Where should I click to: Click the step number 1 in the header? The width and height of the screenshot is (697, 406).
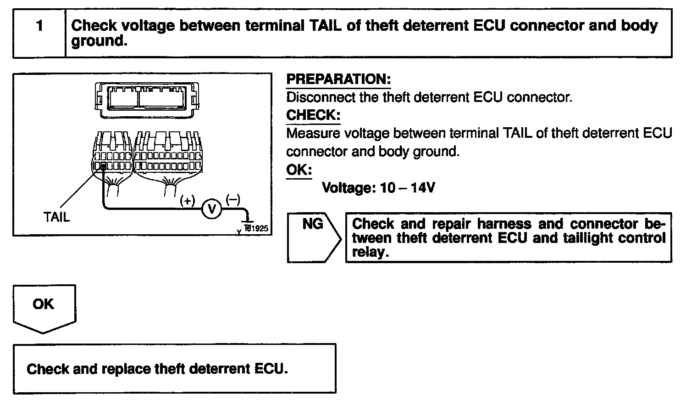tap(39, 26)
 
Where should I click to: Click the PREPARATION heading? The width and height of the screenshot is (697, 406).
tap(338, 79)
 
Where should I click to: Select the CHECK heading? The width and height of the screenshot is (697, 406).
tap(313, 115)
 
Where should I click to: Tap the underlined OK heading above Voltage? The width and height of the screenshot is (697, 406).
tap(299, 170)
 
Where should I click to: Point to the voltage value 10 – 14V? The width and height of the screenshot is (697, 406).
tap(408, 188)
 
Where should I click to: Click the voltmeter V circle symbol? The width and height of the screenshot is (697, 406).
tap(212, 209)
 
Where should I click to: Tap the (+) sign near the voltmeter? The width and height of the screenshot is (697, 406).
tap(188, 200)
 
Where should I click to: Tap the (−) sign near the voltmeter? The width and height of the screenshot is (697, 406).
tap(232, 199)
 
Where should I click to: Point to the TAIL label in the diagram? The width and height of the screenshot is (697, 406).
tap(57, 217)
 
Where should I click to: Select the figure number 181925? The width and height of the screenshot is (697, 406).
tap(256, 228)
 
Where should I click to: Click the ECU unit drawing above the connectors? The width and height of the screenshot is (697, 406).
tap(147, 97)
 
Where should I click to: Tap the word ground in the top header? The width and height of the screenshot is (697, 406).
tap(97, 41)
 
